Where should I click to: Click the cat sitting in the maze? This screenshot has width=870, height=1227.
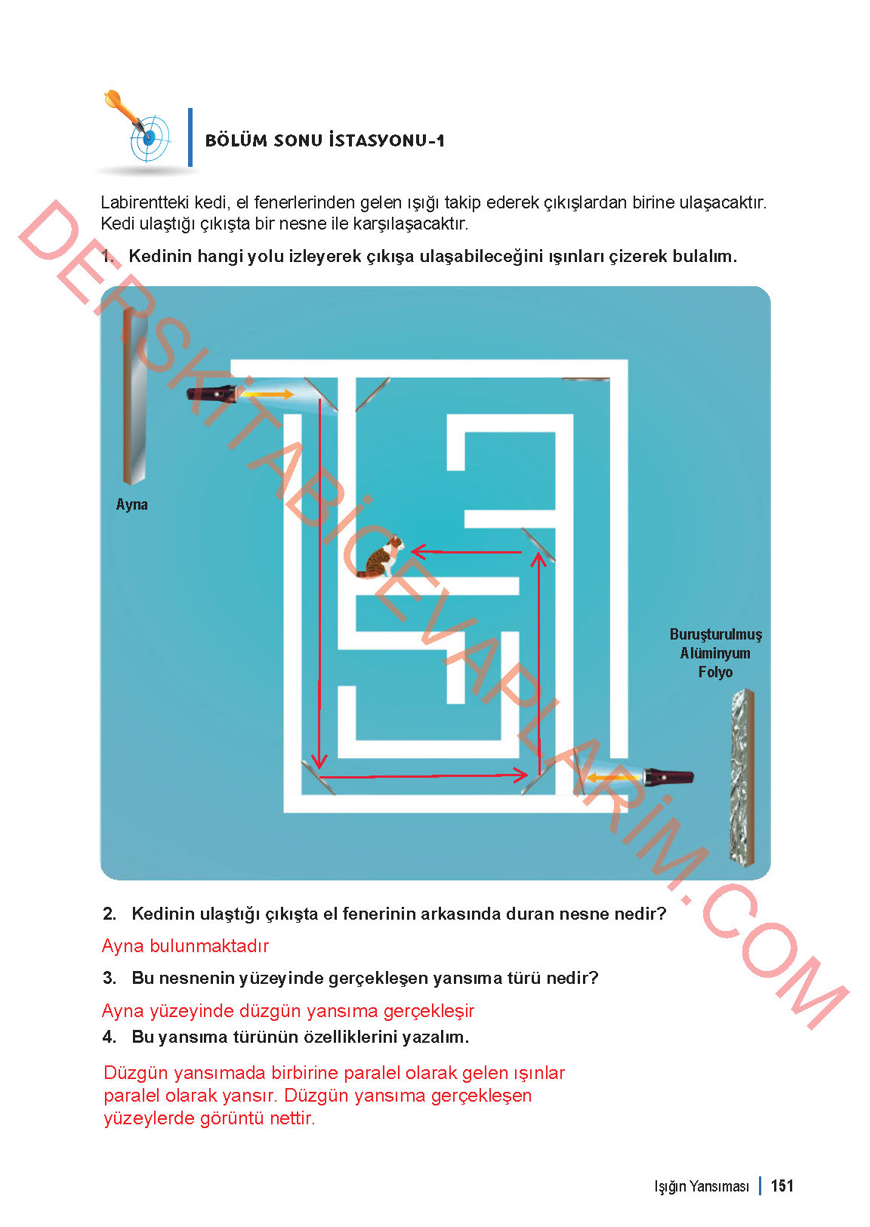(381, 557)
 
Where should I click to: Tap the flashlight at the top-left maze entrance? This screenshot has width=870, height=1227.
(213, 394)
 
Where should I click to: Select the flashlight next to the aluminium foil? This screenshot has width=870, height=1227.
(668, 777)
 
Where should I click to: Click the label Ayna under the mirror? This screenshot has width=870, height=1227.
(131, 504)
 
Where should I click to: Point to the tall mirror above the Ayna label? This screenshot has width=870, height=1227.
(134, 396)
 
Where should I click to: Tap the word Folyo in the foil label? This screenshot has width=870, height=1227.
(715, 672)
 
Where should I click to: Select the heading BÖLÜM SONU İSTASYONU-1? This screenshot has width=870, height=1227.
(325, 140)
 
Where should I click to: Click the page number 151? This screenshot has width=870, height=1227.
(782, 1185)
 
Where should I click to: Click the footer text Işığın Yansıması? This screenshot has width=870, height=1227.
(702, 1186)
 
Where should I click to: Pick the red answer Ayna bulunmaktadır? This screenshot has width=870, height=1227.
(185, 946)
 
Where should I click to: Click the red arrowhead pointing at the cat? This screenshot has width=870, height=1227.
(418, 552)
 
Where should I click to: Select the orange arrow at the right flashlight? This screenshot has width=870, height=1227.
(612, 777)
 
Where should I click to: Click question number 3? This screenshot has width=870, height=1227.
(110, 978)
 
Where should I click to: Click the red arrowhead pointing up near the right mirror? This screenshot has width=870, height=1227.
(538, 560)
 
